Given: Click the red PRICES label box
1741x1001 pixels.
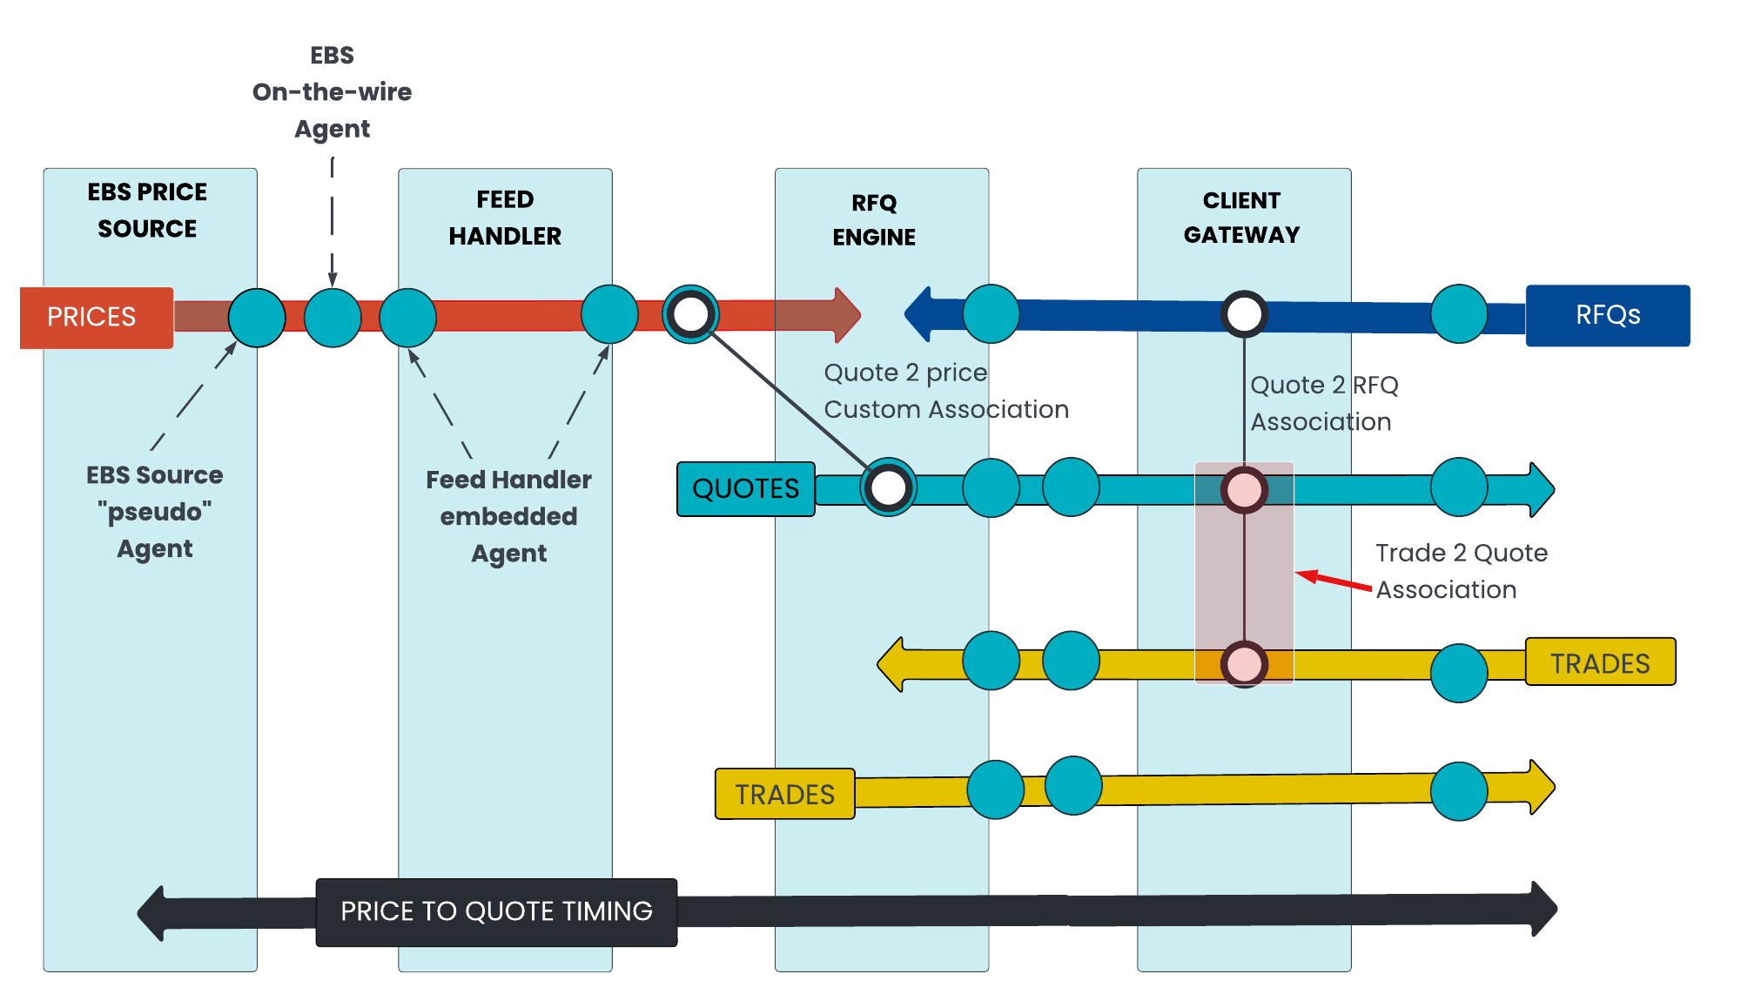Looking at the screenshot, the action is [97, 318].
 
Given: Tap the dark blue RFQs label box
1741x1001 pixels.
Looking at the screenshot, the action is [1608, 315].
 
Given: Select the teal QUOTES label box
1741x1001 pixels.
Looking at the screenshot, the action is [746, 489].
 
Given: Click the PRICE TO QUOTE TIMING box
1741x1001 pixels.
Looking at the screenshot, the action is [496, 912].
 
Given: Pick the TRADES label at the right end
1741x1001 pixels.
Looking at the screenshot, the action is [1600, 662].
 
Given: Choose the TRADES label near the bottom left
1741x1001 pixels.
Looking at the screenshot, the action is [784, 794].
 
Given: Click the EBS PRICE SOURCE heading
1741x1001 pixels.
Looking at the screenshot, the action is [147, 210].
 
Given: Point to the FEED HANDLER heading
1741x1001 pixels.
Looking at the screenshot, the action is [505, 218].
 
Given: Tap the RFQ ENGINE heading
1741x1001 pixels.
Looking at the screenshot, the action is [874, 219].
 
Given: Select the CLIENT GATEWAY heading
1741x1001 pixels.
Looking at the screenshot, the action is [1241, 218].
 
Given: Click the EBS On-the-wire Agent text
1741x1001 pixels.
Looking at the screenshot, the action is [332, 91].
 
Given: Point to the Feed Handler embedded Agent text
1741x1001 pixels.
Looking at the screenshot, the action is [508, 516].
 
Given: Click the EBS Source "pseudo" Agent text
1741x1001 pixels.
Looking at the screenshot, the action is [155, 512].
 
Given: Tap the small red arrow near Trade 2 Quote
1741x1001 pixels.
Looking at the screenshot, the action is [1334, 580].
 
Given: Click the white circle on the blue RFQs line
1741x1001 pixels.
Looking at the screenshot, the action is [1244, 314].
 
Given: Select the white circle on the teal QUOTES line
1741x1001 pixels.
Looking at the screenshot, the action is [888, 487].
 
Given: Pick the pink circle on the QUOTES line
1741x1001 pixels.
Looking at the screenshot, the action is [1244, 490].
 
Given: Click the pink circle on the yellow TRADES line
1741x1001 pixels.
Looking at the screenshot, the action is [1244, 664].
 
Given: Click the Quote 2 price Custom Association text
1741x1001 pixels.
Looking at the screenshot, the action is [946, 391].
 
